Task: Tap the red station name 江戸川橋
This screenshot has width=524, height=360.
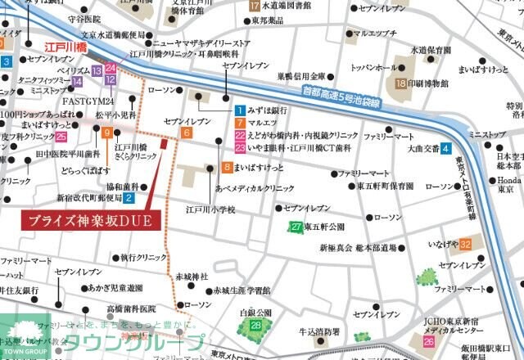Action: pyautogui.click(x=66, y=48)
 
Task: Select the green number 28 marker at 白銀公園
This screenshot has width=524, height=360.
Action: pyautogui.click(x=256, y=326)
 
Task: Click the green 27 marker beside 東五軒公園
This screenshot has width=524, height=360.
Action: pyautogui.click(x=296, y=227)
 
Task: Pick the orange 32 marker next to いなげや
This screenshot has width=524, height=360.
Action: pyautogui.click(x=465, y=244)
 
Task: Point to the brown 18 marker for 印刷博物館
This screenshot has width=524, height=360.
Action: pyautogui.click(x=400, y=83)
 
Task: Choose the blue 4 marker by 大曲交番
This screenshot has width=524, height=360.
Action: pyautogui.click(x=445, y=149)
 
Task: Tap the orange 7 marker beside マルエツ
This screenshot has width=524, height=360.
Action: pyautogui.click(x=239, y=123)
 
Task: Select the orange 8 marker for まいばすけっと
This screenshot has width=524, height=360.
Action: pyautogui.click(x=226, y=168)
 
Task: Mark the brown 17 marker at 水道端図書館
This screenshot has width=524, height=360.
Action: pyautogui.click(x=254, y=6)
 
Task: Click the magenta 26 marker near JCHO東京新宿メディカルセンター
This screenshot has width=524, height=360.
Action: pyautogui.click(x=428, y=341)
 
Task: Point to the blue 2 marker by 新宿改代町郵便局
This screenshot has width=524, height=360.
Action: pyautogui.click(x=128, y=197)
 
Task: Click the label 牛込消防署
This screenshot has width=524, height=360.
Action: pyautogui.click(x=318, y=331)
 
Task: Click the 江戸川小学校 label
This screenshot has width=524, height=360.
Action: pyautogui.click(x=210, y=210)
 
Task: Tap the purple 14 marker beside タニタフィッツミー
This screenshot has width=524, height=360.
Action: pyautogui.click(x=77, y=81)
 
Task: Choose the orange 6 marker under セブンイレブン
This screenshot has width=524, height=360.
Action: pyautogui.click(x=187, y=133)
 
